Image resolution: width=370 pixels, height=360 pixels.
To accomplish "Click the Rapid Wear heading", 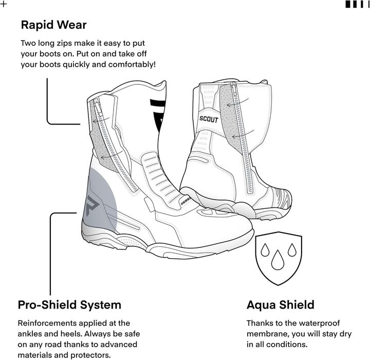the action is pos(54,25).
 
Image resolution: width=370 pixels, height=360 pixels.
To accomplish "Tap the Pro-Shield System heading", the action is pos(69,305).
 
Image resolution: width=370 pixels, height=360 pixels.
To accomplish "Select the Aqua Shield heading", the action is pos(281,305).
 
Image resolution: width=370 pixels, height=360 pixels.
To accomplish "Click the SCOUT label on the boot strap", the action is pos(209,119).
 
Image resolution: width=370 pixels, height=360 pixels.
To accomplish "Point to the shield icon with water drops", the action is pos(279,258).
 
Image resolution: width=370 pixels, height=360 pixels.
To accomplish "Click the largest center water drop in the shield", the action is pos(277,260).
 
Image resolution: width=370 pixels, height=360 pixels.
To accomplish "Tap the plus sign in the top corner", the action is pos(4,4).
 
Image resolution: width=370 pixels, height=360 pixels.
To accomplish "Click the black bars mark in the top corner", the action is pos(357,4).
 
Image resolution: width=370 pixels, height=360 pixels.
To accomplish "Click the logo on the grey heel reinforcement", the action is pos(92,205).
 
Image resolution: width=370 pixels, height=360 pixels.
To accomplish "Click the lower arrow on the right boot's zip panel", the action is pos(243,134).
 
